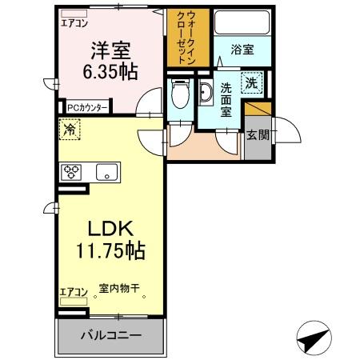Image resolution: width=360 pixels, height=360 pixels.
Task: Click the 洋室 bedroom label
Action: [x=111, y=50]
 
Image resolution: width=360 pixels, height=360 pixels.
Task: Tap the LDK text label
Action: [x=110, y=229]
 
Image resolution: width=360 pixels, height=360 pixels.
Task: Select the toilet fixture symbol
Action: [x=181, y=93]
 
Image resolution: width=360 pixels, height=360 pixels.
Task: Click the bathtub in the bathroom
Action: [x=242, y=22]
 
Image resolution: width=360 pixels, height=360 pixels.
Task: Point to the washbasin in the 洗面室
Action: [x=206, y=92]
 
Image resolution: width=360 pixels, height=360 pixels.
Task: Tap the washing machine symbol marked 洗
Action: [x=252, y=83]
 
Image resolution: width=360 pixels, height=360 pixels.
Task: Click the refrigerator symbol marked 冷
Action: [x=70, y=130]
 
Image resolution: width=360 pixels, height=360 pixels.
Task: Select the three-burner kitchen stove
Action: [x=71, y=172]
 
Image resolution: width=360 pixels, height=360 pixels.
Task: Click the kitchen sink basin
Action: [x=106, y=172]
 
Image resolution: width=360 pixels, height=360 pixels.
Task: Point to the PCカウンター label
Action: [x=87, y=108]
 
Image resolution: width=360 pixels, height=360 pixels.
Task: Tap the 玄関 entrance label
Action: [x=258, y=135]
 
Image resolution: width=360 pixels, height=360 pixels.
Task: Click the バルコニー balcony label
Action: [x=111, y=335]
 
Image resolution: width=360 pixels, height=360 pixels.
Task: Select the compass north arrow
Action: [x=314, y=338]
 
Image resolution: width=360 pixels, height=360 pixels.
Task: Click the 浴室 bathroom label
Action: [x=242, y=50]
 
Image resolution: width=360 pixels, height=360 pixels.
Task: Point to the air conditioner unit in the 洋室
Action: [x=74, y=14]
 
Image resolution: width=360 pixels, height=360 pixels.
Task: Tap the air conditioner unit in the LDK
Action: [x=74, y=302]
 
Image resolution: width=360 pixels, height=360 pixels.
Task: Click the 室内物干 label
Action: [x=119, y=288]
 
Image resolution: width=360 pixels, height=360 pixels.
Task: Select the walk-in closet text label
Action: [x=186, y=37]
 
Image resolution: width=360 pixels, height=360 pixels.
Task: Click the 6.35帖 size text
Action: [x=110, y=72]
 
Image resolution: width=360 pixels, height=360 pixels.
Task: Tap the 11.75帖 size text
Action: [x=110, y=250]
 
